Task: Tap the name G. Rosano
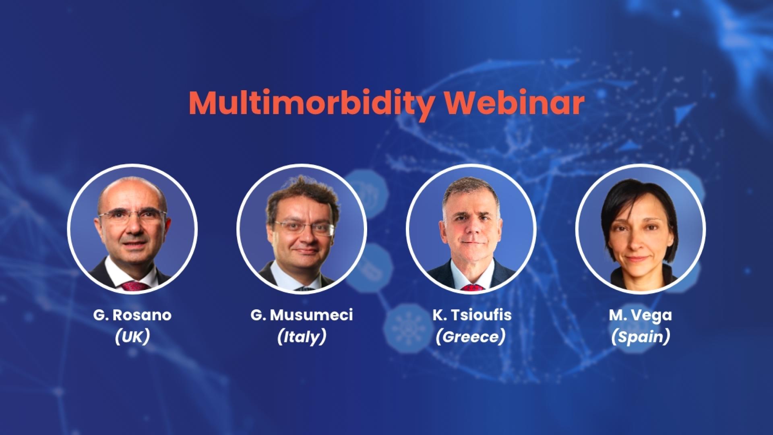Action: (132, 315)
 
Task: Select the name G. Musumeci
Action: (302, 315)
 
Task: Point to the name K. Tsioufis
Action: (472, 315)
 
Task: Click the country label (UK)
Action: (132, 337)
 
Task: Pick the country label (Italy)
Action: (302, 337)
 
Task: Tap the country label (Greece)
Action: (470, 337)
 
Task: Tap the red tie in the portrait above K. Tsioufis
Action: (471, 287)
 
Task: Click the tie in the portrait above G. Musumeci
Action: (305, 288)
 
